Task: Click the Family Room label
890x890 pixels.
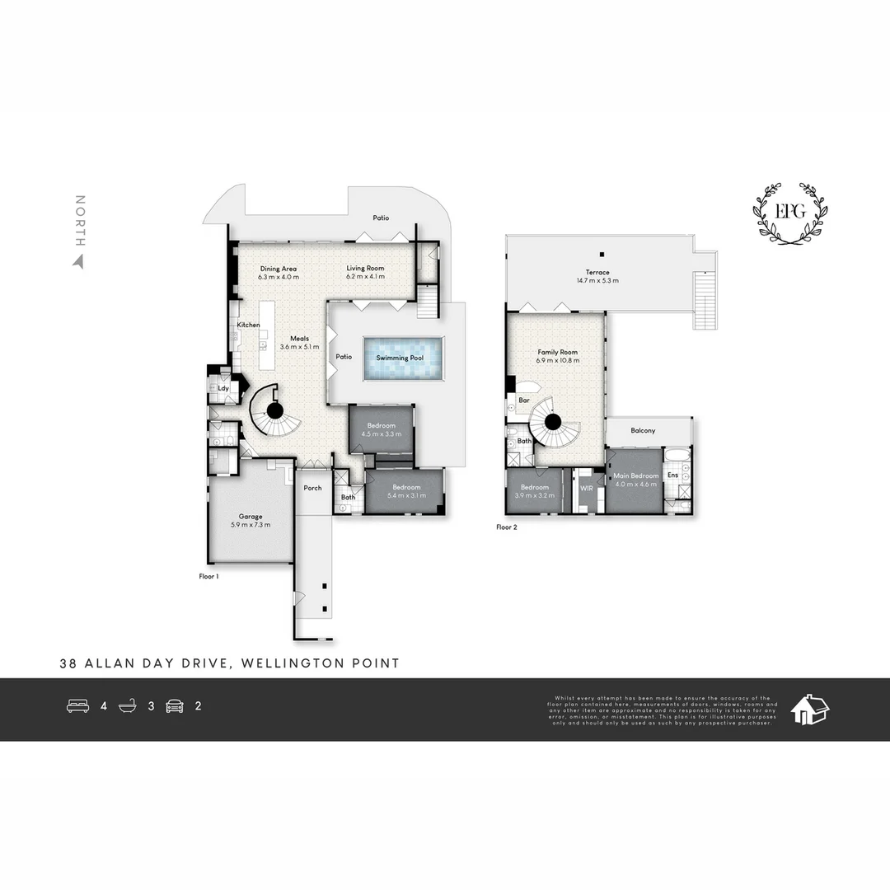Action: point(557,352)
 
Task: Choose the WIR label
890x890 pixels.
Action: point(587,489)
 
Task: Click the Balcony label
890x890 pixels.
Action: point(643,431)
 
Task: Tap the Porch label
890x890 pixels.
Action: point(312,488)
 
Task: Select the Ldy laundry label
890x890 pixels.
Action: point(222,387)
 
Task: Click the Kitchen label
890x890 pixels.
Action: point(249,325)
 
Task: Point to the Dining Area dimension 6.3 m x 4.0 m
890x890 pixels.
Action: point(278,278)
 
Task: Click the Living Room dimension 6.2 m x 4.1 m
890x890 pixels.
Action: point(365,278)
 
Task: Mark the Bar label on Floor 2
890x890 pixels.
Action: point(523,400)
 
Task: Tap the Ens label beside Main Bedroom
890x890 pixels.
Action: point(672,475)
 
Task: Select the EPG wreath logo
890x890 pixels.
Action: point(789,213)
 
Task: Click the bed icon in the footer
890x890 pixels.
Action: point(77,706)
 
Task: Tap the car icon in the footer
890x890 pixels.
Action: point(175,706)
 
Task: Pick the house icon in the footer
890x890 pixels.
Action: point(809,709)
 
